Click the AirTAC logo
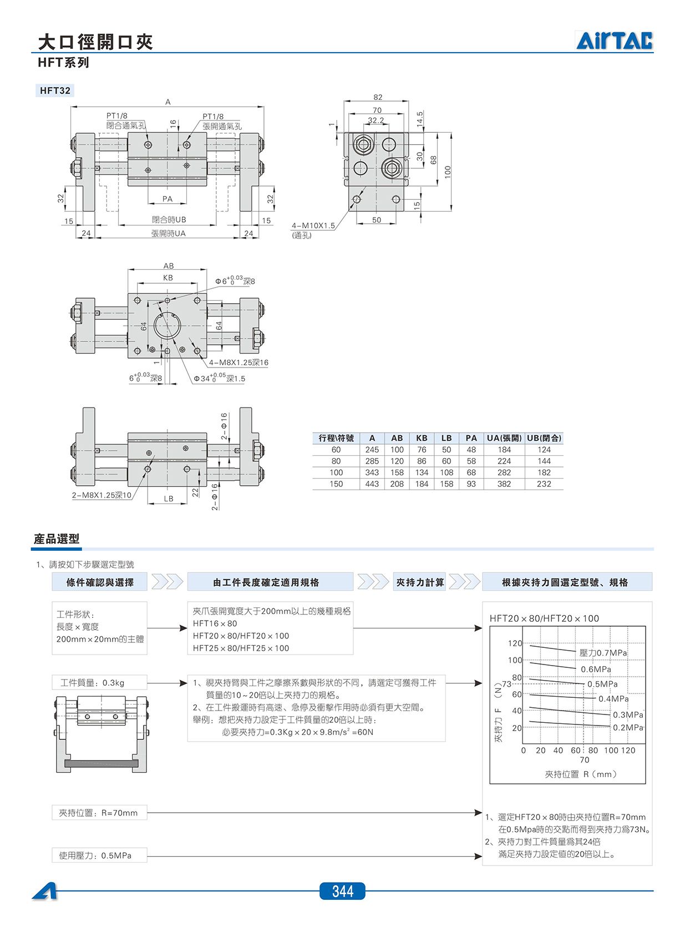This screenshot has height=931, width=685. pyautogui.click(x=614, y=41)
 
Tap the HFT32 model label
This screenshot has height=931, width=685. pyautogui.click(x=55, y=90)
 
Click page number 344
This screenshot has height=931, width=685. pyautogui.click(x=343, y=891)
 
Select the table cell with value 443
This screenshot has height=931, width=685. pyautogui.click(x=372, y=484)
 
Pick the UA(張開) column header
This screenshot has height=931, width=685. pyautogui.click(x=504, y=437)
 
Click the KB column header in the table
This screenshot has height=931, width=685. pyautogui.click(x=422, y=437)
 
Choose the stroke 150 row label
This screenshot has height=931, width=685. pyautogui.click(x=336, y=484)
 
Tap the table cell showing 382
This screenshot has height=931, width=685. pyautogui.click(x=504, y=484)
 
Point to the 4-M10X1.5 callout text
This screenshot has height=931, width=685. pyautogui.click(x=313, y=225)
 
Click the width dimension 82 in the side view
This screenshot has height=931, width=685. pyautogui.click(x=378, y=97)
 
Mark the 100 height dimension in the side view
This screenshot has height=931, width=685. pyautogui.click(x=447, y=172)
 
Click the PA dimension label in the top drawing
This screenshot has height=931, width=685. pyautogui.click(x=168, y=199)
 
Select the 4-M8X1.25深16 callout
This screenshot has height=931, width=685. pyautogui.click(x=239, y=363)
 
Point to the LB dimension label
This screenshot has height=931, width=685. pyautogui.click(x=168, y=499)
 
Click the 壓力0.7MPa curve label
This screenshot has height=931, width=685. pyautogui.click(x=603, y=652)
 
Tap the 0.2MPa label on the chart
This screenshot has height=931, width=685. pyautogui.click(x=628, y=727)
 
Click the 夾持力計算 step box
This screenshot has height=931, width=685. pyautogui.click(x=420, y=582)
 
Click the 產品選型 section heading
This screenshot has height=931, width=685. pyautogui.click(x=57, y=539)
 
